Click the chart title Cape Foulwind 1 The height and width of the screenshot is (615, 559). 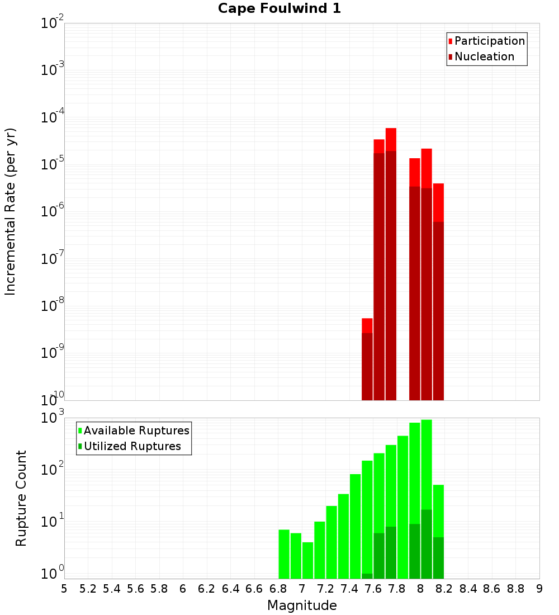tap(279, 8)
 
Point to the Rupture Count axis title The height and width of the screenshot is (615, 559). tap(21, 498)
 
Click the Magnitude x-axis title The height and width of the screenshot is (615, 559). tap(302, 605)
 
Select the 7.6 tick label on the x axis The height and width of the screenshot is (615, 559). tap(373, 589)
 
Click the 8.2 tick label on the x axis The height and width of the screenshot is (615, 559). tap(444, 589)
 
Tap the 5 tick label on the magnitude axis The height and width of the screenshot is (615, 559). tap(64, 589)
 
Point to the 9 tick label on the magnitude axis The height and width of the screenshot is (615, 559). tap(539, 589)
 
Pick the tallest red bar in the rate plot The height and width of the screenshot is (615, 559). tap(391, 263)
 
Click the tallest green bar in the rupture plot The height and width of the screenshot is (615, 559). tap(427, 498)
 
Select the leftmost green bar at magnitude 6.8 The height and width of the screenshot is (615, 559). tap(284, 553)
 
